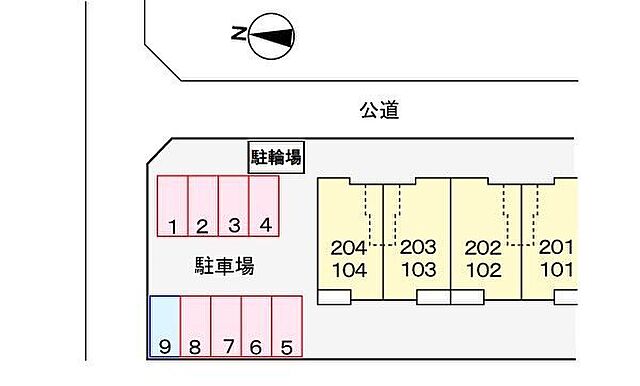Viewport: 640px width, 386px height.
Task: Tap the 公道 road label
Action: pyautogui.click(x=379, y=109)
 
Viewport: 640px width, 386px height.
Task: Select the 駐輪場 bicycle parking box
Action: pyautogui.click(x=276, y=157)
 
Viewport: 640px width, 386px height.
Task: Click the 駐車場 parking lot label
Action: pyautogui.click(x=224, y=266)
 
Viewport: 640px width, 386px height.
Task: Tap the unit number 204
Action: pyautogui.click(x=348, y=248)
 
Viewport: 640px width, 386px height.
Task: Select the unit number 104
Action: pyautogui.click(x=348, y=269)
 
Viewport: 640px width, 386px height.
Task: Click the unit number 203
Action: pyautogui.click(x=418, y=248)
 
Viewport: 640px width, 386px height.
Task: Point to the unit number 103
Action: pyautogui.click(x=418, y=269)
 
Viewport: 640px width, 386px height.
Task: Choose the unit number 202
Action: pyautogui.click(x=483, y=248)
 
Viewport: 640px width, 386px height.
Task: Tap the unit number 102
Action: pyautogui.click(x=483, y=269)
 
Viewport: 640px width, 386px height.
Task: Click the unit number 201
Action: pyautogui.click(x=556, y=248)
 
